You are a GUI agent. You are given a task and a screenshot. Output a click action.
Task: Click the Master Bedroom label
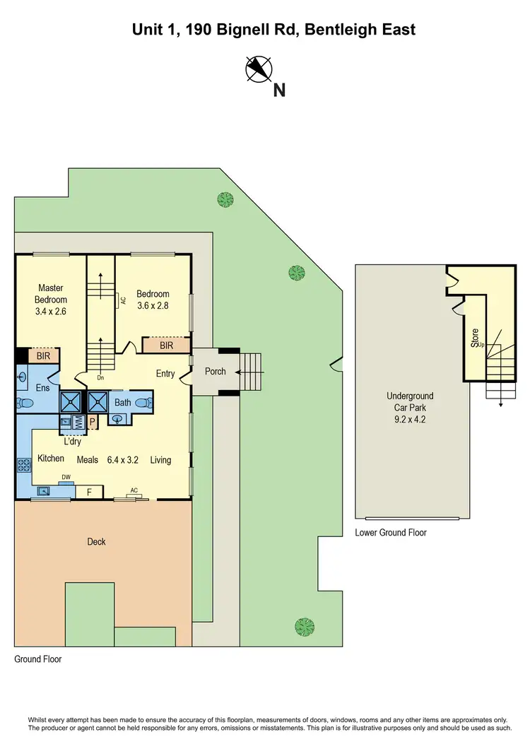[x=51, y=293]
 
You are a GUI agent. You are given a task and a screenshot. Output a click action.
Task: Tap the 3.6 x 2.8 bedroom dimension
[x=153, y=306]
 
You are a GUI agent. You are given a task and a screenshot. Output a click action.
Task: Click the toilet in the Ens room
[x=26, y=403]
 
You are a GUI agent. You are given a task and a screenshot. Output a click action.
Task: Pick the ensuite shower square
[x=71, y=402]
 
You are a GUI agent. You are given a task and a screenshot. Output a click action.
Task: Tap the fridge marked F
[x=89, y=491]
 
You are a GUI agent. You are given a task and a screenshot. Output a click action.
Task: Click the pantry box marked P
[x=92, y=422]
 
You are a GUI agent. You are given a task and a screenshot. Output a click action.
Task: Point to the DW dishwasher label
[x=66, y=477]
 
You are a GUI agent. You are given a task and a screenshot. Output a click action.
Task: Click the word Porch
[x=215, y=372]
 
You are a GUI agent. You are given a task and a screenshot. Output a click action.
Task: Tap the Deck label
[x=96, y=542]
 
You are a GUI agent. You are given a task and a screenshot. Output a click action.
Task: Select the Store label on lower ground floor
[x=475, y=337]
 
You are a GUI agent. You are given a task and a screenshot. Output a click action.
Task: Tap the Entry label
[x=165, y=374]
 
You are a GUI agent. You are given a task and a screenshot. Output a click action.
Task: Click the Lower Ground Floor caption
[x=391, y=533]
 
